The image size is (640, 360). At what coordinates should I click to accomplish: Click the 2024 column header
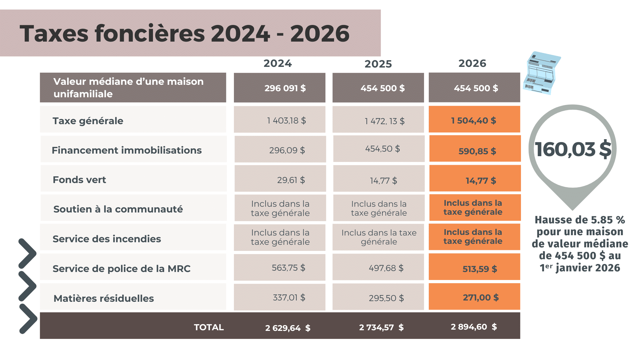[x=277, y=63]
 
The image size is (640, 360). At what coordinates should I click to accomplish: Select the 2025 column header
[x=378, y=64]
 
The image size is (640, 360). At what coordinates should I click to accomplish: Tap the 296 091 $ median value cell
[x=285, y=88]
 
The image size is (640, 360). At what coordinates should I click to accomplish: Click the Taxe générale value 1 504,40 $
[x=474, y=121]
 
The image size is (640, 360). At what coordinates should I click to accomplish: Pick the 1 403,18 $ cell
[x=286, y=121]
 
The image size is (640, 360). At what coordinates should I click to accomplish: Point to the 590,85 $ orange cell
[x=477, y=151]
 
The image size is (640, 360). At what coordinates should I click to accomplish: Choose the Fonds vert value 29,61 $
[x=291, y=180]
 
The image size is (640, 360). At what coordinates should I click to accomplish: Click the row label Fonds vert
[x=79, y=180]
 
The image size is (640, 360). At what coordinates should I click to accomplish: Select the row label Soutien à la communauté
[x=118, y=209]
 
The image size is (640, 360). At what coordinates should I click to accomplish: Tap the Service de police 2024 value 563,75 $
[x=288, y=268]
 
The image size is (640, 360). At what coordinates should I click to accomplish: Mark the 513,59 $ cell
[x=480, y=269]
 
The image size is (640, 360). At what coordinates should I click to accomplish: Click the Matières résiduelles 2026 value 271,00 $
[x=481, y=298]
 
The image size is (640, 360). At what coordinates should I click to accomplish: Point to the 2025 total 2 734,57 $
[x=381, y=327]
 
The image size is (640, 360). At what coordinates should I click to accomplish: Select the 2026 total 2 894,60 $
[x=474, y=327]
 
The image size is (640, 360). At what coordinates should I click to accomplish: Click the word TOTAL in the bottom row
[x=209, y=327]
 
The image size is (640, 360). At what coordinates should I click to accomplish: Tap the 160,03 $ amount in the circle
[x=573, y=149]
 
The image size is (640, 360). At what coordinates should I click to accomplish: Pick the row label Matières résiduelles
[x=104, y=299]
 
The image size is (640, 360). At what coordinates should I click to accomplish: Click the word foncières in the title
[x=149, y=34]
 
